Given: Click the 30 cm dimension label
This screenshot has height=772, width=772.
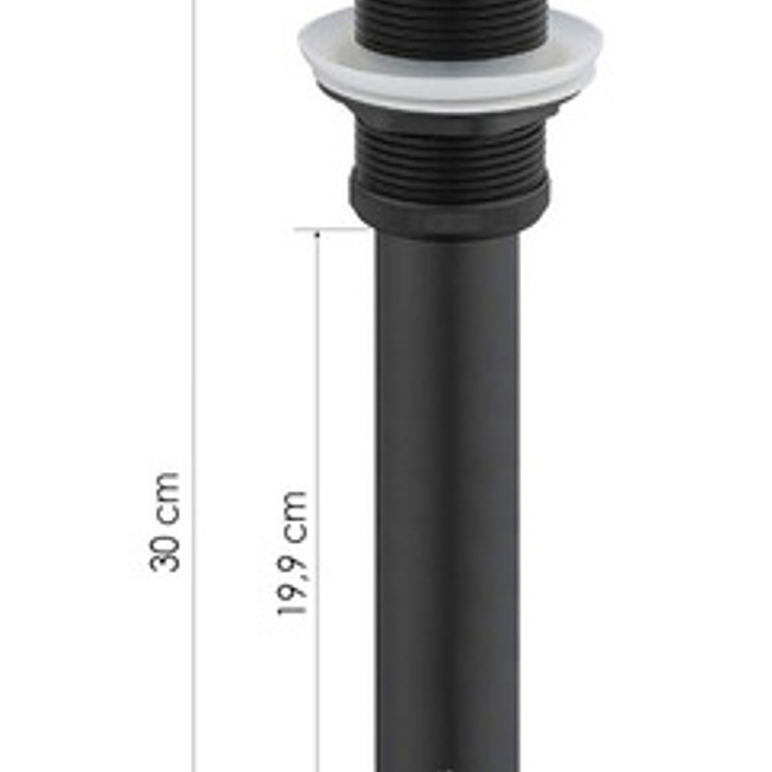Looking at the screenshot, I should click(165, 522).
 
